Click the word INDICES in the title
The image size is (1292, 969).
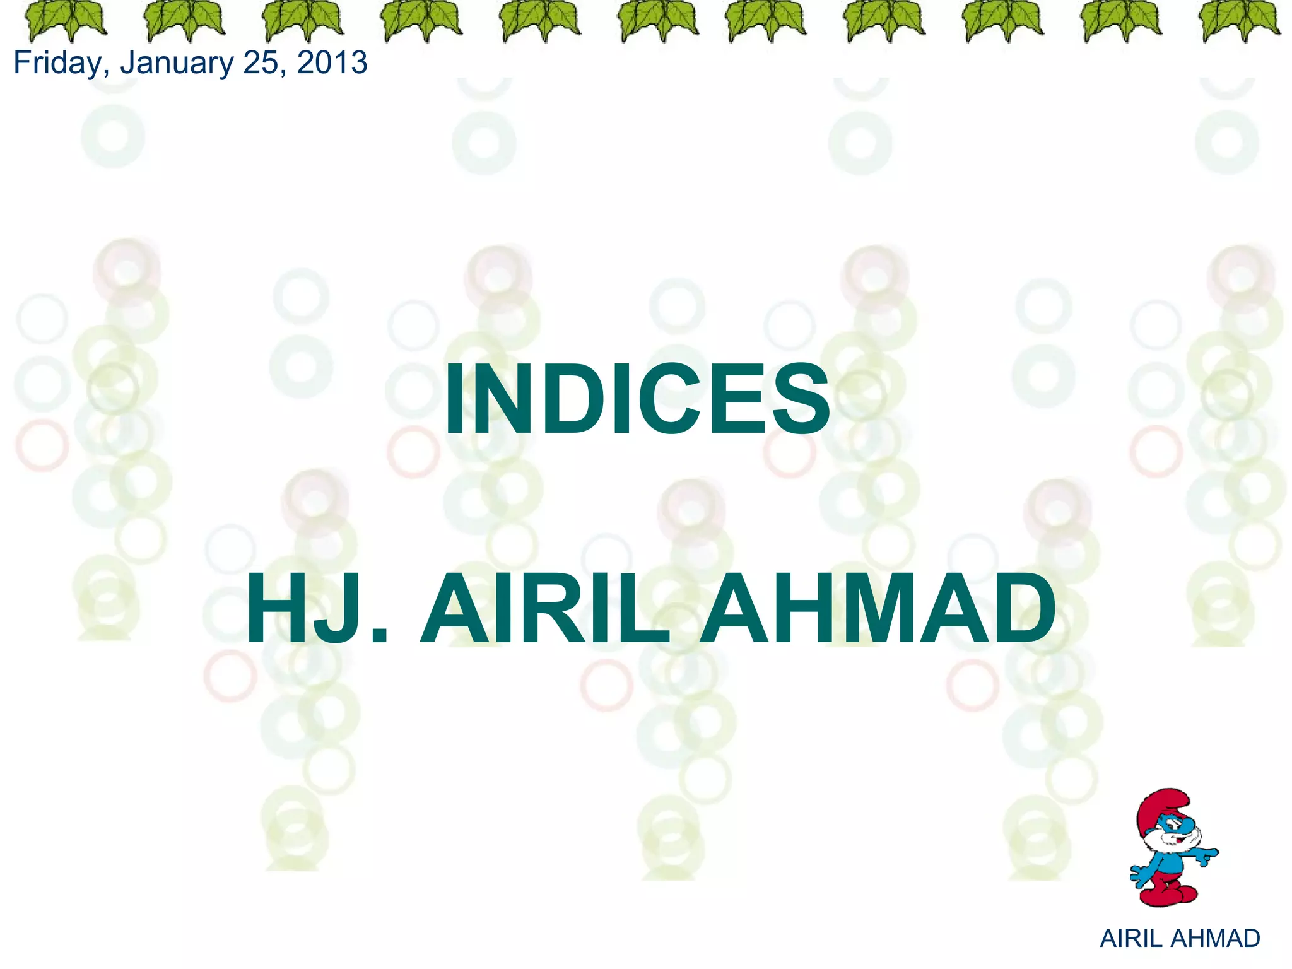[637, 400]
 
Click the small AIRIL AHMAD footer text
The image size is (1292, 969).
[1180, 939]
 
